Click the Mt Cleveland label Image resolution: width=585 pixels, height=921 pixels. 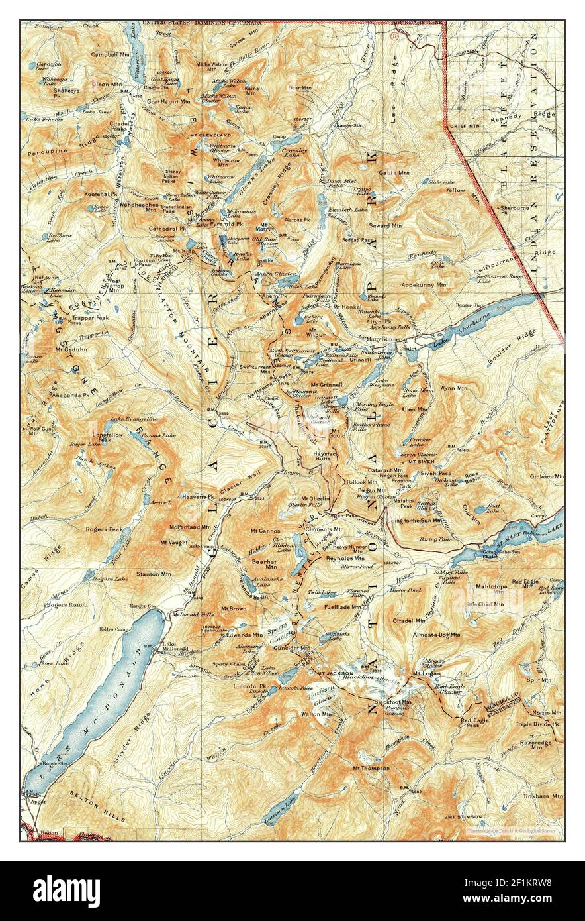tap(212, 135)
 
